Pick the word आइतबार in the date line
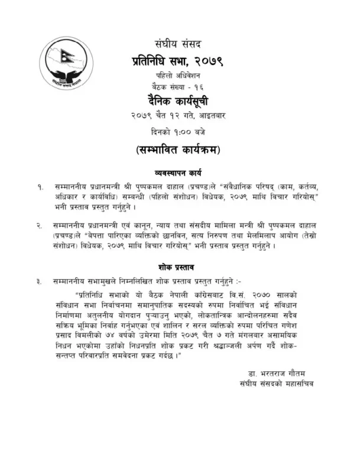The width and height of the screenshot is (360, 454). (x=210, y=113)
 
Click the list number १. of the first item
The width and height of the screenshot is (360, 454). (x=40, y=186)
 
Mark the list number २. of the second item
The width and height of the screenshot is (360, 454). (x=40, y=226)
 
